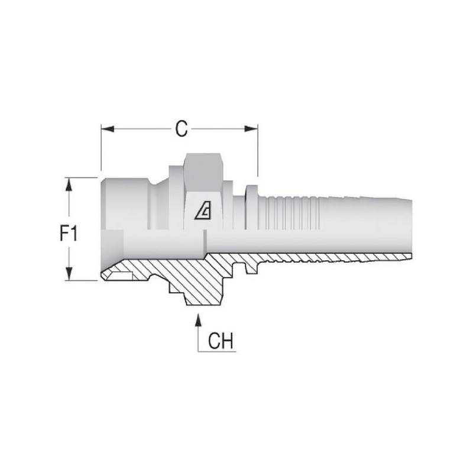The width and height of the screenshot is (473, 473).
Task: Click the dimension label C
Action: coord(182,129)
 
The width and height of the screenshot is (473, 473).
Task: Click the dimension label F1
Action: coord(69,234)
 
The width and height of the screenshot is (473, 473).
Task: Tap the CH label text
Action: coord(221,341)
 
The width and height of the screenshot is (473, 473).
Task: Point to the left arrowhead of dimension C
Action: coord(108,129)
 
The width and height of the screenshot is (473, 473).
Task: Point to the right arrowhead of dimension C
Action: coord(251,129)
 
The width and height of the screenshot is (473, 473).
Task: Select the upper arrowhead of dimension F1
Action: coord(69,184)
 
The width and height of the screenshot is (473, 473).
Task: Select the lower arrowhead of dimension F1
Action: coord(69,274)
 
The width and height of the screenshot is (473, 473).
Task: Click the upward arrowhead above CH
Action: coord(198,320)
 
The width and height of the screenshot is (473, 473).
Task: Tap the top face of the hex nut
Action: coord(203,159)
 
